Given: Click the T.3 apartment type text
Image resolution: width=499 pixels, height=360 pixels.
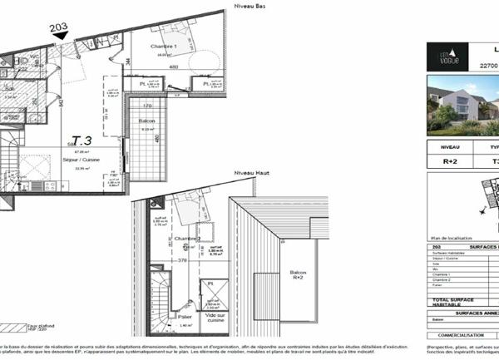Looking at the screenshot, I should pos(82,141).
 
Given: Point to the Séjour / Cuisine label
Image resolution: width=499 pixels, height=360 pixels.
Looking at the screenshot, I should pos(82,160).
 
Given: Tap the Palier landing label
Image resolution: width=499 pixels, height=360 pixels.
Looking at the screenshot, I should pos(185,316).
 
